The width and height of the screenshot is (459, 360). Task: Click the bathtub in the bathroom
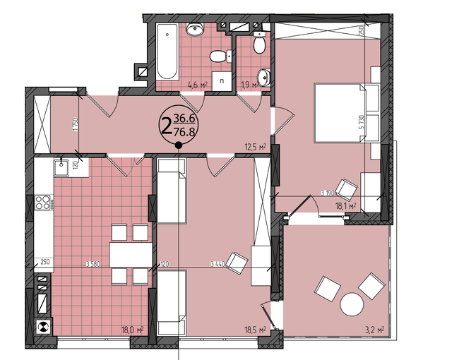167,52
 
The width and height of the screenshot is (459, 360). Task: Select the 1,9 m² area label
248,85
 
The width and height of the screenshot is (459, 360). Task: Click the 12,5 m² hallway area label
255,147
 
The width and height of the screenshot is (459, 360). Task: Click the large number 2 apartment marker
165,127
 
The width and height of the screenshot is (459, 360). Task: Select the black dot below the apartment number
178,145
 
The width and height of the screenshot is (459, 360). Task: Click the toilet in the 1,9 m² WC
258,46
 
